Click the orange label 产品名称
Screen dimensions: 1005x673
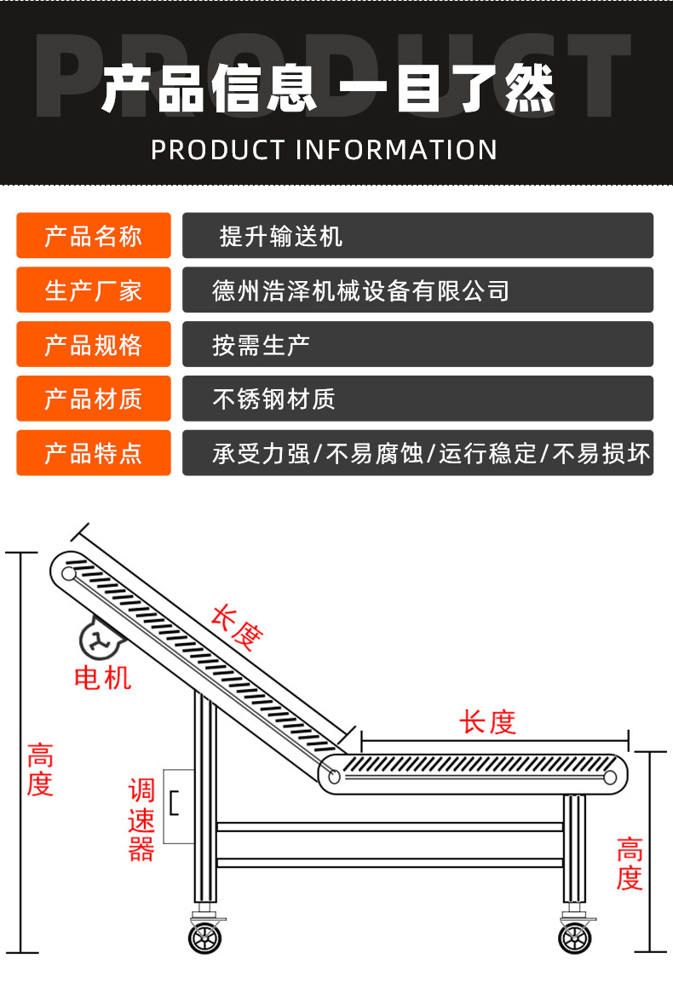point(93,236)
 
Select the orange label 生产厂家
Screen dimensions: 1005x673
point(93,290)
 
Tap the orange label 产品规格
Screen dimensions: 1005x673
point(93,345)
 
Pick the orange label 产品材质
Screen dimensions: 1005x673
point(93,399)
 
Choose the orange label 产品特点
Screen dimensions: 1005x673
point(93,453)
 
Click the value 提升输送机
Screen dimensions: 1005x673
point(281,236)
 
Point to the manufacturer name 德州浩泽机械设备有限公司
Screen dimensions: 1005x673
point(360,290)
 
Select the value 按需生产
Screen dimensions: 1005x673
point(261,345)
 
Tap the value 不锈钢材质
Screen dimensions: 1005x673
point(273,399)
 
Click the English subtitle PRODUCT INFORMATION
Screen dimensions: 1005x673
point(325,150)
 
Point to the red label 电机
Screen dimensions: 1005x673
point(103,678)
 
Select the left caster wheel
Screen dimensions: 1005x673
point(204,938)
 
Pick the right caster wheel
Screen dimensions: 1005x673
point(575,938)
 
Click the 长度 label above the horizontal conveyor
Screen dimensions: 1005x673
point(487,722)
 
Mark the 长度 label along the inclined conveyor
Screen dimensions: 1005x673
point(237,629)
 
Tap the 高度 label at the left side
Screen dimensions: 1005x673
point(39,769)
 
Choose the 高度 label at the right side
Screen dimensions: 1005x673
point(629,864)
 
